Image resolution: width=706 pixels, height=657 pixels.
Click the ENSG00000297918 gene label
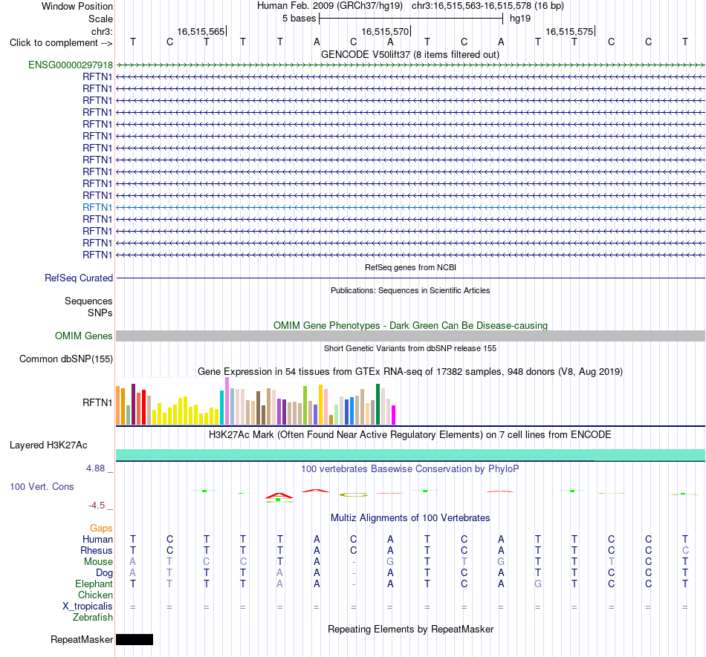pyautogui.click(x=71, y=65)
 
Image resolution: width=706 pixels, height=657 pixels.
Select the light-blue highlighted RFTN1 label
pyautogui.click(x=97, y=207)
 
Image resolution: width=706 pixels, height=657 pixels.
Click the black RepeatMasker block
pyautogui.click(x=135, y=639)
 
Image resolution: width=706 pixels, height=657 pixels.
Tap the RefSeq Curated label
pyautogui.click(x=79, y=278)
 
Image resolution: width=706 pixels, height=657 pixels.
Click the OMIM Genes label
pyautogui.click(x=84, y=336)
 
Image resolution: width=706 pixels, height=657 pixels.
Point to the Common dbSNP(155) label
pyautogui.click(x=66, y=359)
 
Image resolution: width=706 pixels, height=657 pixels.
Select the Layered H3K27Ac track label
pyautogui.click(x=48, y=445)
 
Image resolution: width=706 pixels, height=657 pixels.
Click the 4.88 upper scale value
pyautogui.click(x=95, y=468)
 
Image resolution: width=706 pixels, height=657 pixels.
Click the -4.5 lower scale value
pyautogui.click(x=97, y=506)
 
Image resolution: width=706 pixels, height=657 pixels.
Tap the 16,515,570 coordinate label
pyautogui.click(x=385, y=31)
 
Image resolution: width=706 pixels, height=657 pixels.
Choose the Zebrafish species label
pyautogui.click(x=93, y=618)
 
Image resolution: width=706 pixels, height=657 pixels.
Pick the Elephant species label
pyautogui.click(x=94, y=584)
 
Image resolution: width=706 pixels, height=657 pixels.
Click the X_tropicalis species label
pyautogui.click(x=88, y=607)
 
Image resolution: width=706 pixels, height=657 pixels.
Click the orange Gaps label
pyautogui.click(x=101, y=528)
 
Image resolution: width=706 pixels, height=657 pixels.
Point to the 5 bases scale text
pyautogui.click(x=299, y=19)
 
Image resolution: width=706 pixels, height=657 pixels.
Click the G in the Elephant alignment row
pyautogui.click(x=537, y=584)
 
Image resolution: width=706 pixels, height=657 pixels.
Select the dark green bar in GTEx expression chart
pyautogui.click(x=378, y=405)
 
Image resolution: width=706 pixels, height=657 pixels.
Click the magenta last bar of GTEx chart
pyautogui.click(x=394, y=415)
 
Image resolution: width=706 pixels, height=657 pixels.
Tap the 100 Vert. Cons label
pyautogui.click(x=42, y=486)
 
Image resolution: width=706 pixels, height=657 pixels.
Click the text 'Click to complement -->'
pyautogui.click(x=61, y=43)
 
